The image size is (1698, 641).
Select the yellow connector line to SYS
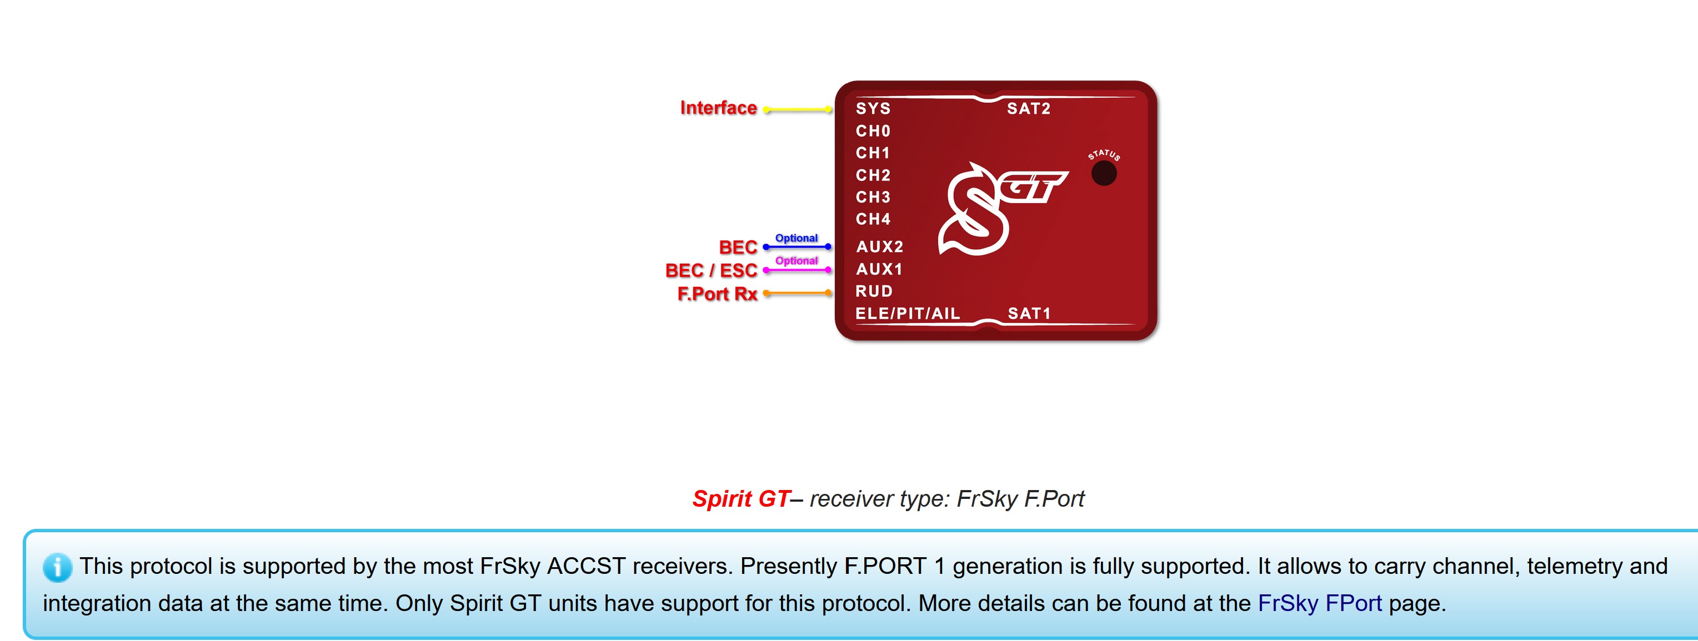(x=798, y=109)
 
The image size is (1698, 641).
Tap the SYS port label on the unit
(x=873, y=109)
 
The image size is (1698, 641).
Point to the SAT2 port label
(x=1028, y=109)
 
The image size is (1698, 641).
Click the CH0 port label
(x=873, y=131)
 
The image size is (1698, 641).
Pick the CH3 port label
(x=873, y=197)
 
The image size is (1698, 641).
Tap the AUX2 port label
(x=879, y=246)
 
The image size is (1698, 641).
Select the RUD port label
(x=874, y=291)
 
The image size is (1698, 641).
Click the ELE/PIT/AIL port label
(x=908, y=314)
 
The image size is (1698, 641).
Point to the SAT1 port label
(x=1029, y=314)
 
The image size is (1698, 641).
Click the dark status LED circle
(x=1104, y=174)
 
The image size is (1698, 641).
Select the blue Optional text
(x=797, y=238)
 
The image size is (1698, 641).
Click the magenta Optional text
(x=797, y=260)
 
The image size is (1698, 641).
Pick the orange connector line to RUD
(x=798, y=293)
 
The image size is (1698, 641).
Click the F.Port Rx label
(x=717, y=294)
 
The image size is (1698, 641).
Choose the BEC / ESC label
(x=711, y=270)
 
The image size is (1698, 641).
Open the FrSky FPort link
(x=1320, y=603)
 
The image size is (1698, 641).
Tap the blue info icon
(x=57, y=567)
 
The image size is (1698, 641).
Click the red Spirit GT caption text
(x=741, y=499)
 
